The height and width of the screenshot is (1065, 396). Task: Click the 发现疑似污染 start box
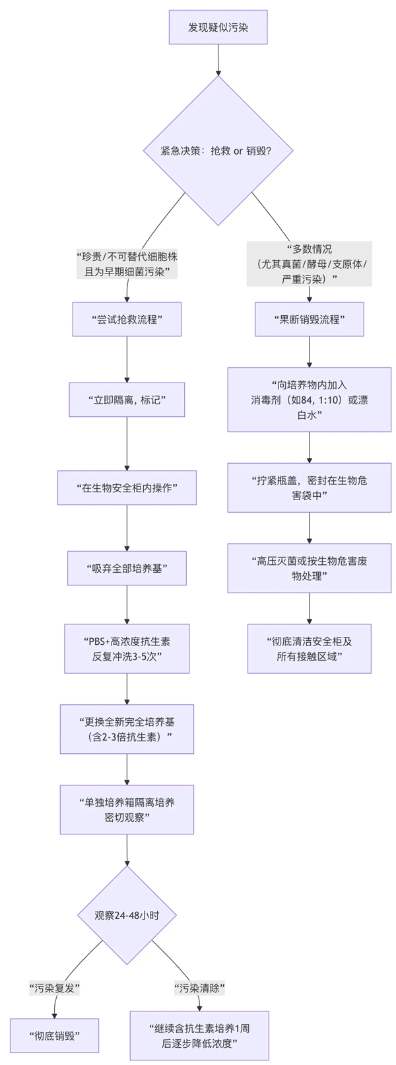point(218,27)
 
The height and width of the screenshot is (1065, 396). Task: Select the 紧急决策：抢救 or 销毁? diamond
point(218,151)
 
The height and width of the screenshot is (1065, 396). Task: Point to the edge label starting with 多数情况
point(309,264)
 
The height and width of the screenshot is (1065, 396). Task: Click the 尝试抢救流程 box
point(127,319)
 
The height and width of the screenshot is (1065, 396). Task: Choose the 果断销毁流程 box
point(309,319)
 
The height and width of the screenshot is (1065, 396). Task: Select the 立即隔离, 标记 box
point(127,400)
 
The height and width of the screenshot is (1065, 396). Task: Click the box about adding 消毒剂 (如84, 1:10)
point(309,400)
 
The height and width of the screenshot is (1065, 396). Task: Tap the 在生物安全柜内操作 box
point(127,488)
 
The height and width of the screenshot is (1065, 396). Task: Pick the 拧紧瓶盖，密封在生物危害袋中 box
point(309,488)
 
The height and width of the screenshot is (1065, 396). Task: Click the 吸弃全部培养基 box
point(127,568)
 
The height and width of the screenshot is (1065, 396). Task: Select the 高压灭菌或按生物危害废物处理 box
point(309,568)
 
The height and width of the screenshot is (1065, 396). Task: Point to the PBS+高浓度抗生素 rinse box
point(127,649)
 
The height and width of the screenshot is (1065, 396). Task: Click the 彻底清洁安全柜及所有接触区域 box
point(309,649)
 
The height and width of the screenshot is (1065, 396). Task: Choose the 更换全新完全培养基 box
point(127,729)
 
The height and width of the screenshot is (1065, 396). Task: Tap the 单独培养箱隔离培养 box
point(127,809)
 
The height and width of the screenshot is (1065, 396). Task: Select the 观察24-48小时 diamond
point(127,915)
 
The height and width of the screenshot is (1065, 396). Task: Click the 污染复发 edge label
point(54,988)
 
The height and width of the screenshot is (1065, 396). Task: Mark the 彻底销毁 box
point(54,1035)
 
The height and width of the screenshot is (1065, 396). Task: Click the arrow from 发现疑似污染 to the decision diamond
point(218,59)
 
